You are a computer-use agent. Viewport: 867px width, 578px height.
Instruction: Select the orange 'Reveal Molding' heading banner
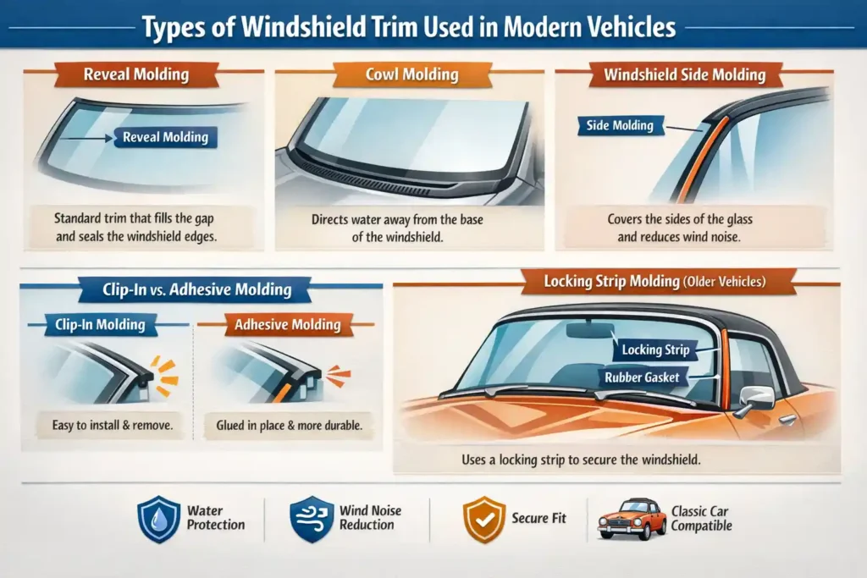tap(135, 74)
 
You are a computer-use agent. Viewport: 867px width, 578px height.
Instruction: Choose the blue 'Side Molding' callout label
tap(620, 125)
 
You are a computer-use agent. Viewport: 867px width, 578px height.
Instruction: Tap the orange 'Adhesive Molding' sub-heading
tap(286, 324)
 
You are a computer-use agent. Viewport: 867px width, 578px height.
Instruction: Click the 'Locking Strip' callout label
tap(655, 349)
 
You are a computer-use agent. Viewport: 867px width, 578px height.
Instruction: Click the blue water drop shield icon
tap(159, 519)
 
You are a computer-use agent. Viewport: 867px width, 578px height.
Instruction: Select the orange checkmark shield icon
tap(484, 519)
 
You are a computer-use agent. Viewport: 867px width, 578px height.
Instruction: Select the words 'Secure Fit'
tap(539, 518)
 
